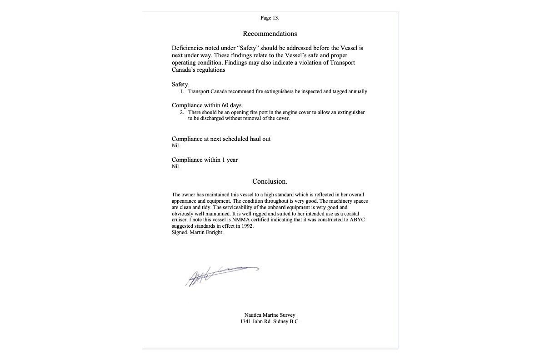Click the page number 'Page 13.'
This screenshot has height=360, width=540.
(270, 18)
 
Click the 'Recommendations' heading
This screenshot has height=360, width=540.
(270, 34)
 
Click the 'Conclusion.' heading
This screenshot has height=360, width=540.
(270, 181)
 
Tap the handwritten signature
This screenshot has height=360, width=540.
(220, 275)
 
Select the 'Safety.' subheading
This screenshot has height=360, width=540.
(180, 85)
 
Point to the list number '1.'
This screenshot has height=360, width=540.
(182, 92)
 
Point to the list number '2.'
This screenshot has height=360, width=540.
(182, 113)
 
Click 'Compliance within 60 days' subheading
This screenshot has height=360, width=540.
(206, 105)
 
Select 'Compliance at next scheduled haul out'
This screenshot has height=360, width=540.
(221, 139)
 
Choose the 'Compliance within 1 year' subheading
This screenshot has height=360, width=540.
(205, 160)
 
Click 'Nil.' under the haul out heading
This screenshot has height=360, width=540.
(176, 146)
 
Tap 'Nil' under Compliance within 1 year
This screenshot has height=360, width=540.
(175, 167)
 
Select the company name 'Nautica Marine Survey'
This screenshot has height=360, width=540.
(270, 315)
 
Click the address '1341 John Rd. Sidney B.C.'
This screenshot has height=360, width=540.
(270, 322)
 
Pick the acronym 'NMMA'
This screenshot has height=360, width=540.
(241, 220)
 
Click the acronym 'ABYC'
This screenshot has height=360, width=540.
(357, 220)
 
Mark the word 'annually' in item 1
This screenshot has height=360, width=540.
(357, 92)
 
